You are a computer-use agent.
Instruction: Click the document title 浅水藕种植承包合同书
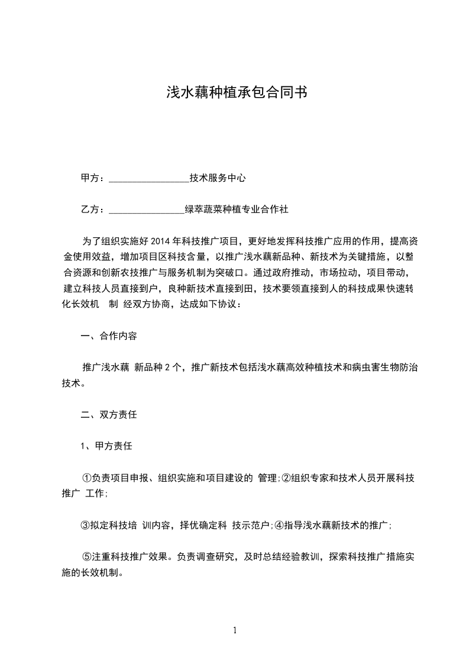[x=235, y=92]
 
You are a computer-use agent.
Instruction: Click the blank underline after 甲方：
[x=148, y=178]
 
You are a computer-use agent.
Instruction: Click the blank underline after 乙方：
[x=146, y=209]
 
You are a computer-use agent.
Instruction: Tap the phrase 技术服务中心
[x=217, y=178]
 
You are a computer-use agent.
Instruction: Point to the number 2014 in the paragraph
[x=161, y=241]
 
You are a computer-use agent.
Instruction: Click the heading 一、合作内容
[x=109, y=336]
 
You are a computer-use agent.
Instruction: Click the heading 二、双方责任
[x=109, y=415]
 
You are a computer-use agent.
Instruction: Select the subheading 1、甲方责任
[x=106, y=446]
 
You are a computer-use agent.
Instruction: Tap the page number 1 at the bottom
[x=235, y=630]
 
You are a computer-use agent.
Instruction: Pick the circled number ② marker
[x=286, y=478]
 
